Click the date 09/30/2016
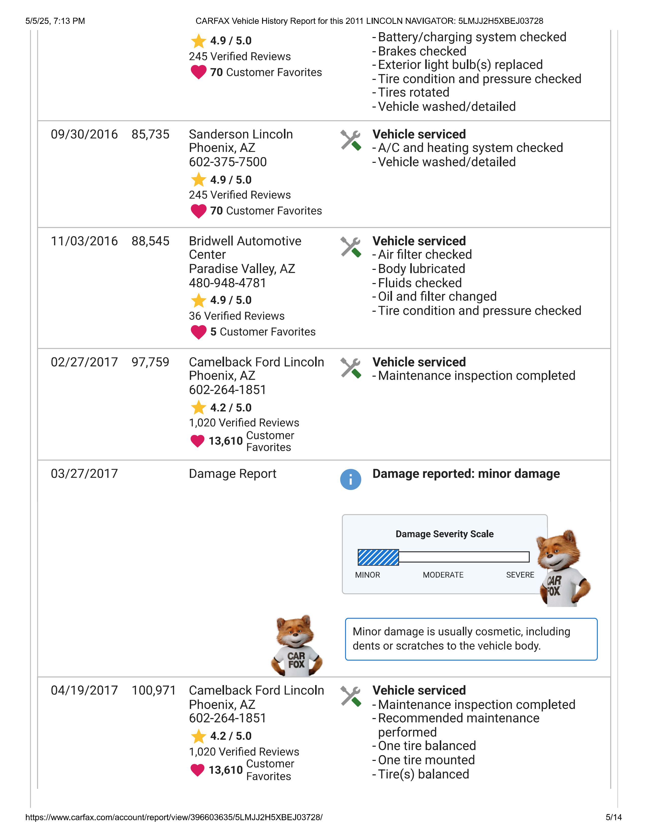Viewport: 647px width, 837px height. (84, 134)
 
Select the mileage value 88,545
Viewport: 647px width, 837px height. (150, 241)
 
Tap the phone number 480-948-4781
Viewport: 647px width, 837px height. (227, 283)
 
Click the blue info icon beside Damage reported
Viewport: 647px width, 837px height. (350, 479)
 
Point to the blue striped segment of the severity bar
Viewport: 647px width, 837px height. (378, 557)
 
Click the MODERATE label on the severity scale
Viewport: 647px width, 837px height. (443, 575)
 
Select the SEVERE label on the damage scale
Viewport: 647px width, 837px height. (520, 575)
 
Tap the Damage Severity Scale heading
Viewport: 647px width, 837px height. (444, 534)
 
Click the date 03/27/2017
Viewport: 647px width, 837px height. (84, 474)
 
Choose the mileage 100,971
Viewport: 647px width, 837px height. (153, 690)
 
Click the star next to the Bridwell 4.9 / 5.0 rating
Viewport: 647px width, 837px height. (199, 301)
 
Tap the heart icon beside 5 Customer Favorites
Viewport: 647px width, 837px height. (199, 332)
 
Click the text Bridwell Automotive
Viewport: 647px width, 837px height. (245, 241)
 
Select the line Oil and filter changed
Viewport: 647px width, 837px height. (437, 297)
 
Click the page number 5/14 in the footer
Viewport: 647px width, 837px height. (613, 817)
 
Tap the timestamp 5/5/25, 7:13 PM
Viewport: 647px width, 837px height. (55, 21)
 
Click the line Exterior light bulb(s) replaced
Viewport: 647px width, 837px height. (460, 65)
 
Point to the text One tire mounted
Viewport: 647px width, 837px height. (426, 760)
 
